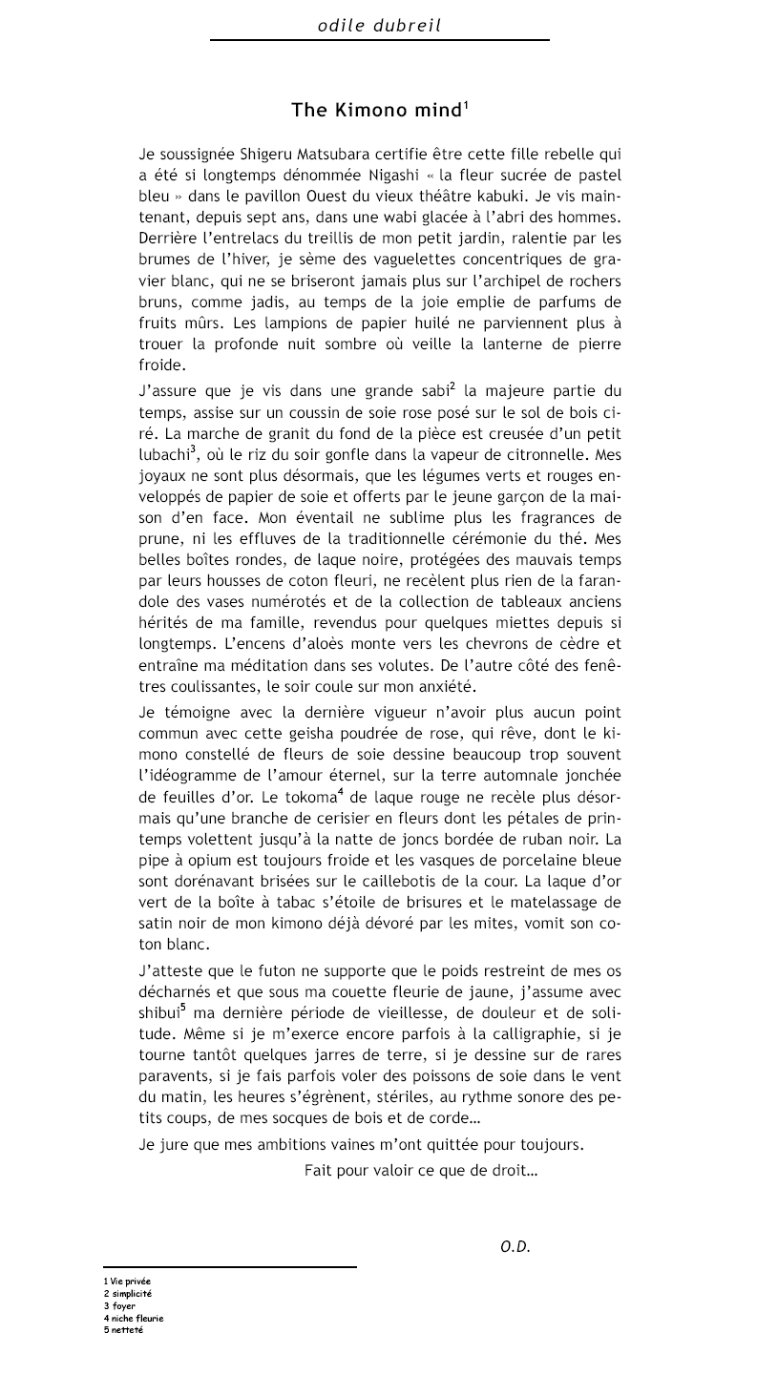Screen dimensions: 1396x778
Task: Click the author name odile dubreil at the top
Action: [379, 26]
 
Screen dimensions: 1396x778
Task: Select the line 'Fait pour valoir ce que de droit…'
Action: [420, 1169]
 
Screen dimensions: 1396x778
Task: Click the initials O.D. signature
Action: [515, 1246]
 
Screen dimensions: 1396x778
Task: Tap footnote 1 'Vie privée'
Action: [130, 1281]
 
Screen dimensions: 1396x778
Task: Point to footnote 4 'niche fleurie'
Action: [137, 1318]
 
